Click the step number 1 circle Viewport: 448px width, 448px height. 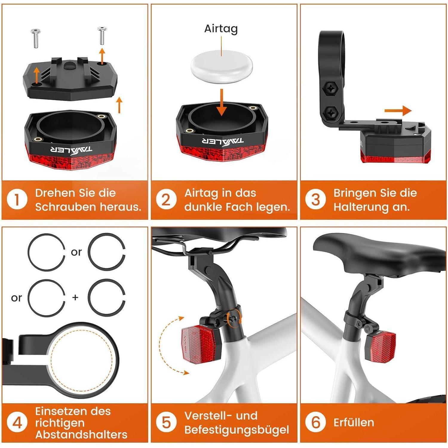[x=17, y=200]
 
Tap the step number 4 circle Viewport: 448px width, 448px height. [x=17, y=423]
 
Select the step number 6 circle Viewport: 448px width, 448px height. [x=315, y=422]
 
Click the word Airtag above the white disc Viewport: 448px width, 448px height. [x=221, y=29]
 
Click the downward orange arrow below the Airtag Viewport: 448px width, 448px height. [x=221, y=102]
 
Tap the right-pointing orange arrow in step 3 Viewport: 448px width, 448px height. [x=398, y=111]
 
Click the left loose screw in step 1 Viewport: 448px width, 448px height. [x=35, y=38]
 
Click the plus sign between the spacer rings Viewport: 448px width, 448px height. [x=75, y=297]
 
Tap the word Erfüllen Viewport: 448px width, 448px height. [x=354, y=423]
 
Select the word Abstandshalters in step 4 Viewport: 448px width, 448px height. [x=81, y=435]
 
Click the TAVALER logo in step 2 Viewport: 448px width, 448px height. [x=222, y=141]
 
